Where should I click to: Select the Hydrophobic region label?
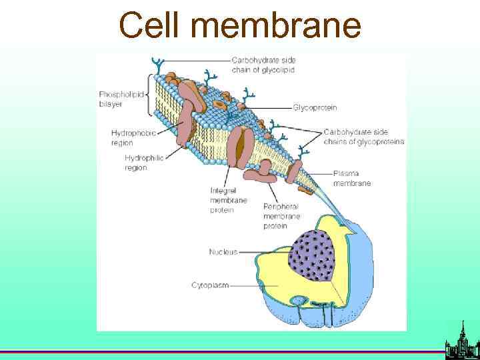(133, 137)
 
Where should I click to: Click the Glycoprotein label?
(315, 107)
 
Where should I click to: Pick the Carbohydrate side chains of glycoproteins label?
(363, 136)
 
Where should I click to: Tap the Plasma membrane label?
(352, 178)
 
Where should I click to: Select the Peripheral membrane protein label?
(281, 216)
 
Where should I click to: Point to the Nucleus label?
(223, 252)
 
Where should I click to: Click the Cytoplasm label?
(210, 285)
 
